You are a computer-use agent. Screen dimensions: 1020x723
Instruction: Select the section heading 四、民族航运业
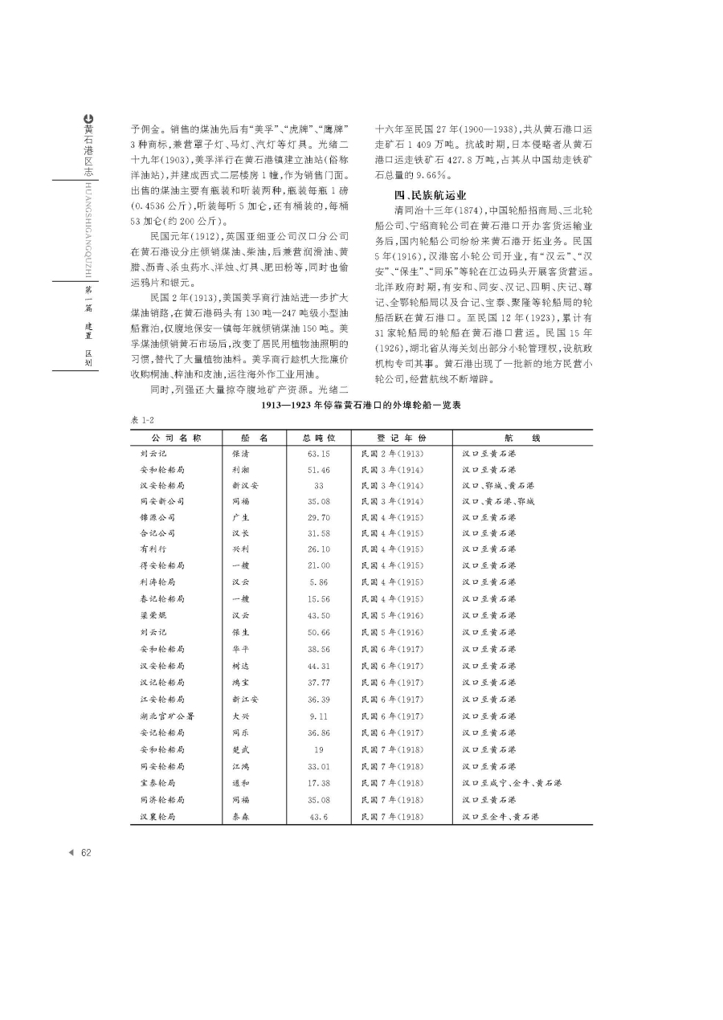coord(430,195)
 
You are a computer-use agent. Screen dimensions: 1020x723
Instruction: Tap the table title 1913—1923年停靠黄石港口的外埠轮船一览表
coord(361,407)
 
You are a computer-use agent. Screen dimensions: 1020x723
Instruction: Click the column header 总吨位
coord(318,438)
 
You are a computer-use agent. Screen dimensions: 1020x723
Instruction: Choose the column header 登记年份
coord(401,438)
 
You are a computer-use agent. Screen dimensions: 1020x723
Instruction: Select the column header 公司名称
coord(175,438)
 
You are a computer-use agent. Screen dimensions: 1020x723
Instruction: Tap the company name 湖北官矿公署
coord(166,716)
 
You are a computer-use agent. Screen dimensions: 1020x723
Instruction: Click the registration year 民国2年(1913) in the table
coord(393,454)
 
